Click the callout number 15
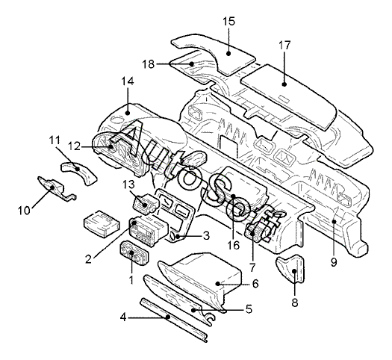pos(229,22)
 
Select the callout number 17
pos(284,46)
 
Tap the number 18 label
pos(149,64)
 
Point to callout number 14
pos(128,81)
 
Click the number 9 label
pos(334,262)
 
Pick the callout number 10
pos(24,211)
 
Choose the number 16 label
pos(234,245)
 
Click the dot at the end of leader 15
pos(228,53)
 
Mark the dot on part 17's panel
pos(284,84)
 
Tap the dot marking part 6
pos(218,284)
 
